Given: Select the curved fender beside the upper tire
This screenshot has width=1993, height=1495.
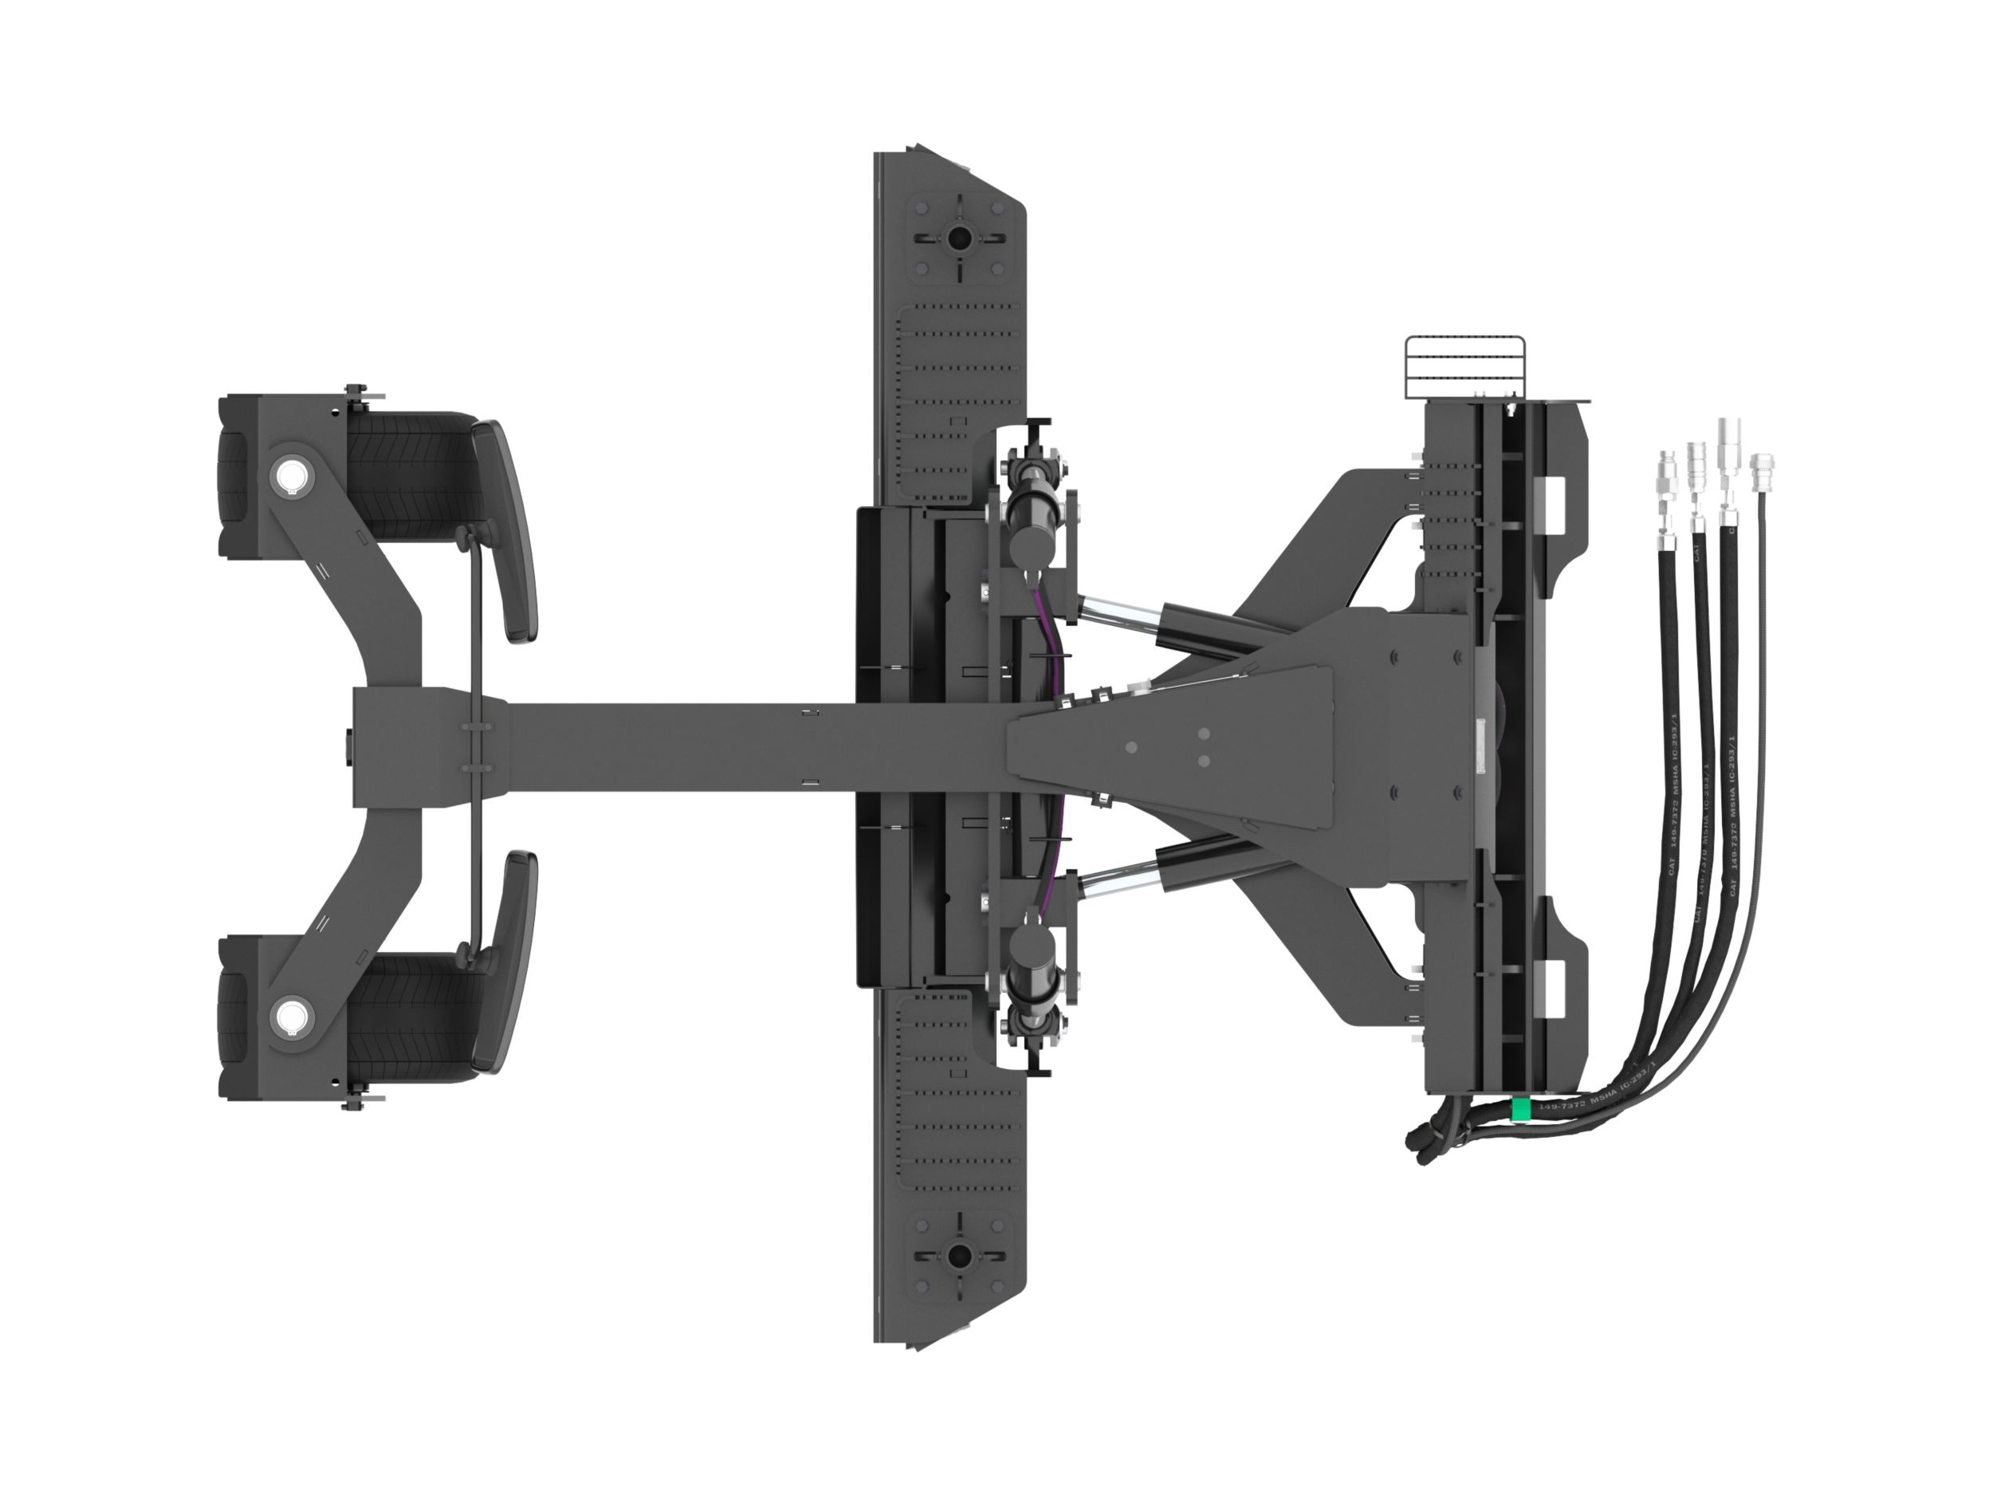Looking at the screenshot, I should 509,532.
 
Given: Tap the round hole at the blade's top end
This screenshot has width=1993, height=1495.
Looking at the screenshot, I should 957,238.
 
